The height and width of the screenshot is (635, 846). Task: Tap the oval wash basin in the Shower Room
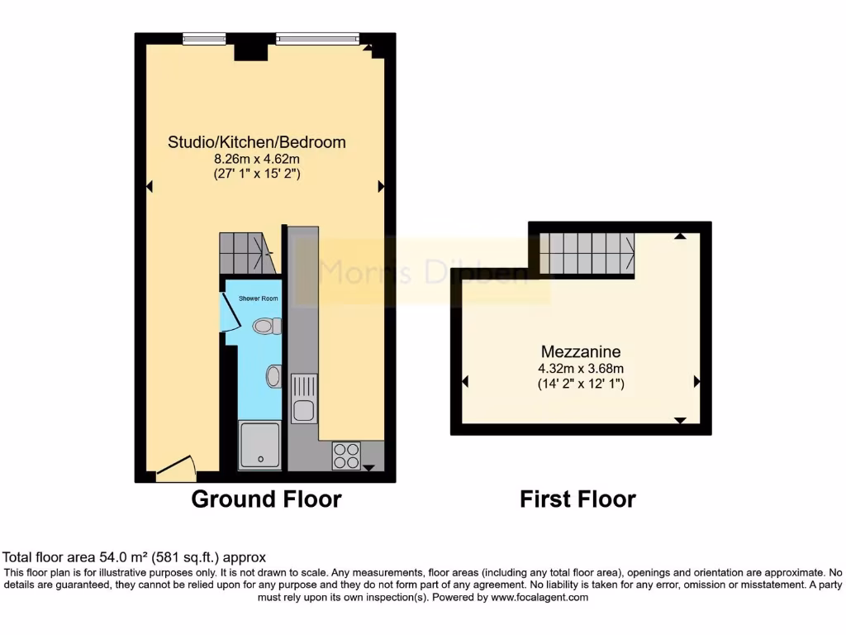coord(273,377)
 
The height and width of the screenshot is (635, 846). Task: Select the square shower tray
coord(259,446)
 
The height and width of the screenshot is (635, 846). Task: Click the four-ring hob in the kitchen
coord(346,456)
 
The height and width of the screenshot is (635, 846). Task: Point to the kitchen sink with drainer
coord(303,399)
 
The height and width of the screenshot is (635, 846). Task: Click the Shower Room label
coord(258,298)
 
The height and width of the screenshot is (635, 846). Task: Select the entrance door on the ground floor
coord(175,471)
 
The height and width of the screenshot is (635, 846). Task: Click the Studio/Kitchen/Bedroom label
coord(257,142)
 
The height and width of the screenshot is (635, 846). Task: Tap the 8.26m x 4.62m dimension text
coord(257,159)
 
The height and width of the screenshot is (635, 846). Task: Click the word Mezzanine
coord(581,351)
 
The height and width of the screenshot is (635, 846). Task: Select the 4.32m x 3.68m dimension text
coord(581,369)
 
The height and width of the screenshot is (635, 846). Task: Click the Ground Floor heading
coord(266,499)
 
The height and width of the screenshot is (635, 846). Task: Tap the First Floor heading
coord(577,499)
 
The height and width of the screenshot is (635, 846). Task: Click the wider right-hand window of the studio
coord(317,36)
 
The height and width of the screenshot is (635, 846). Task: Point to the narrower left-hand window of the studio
coord(204,36)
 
